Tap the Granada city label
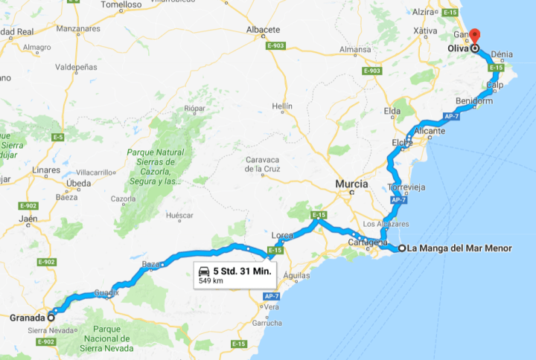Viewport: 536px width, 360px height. pyautogui.click(x=28, y=318)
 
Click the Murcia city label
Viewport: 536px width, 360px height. pyautogui.click(x=352, y=183)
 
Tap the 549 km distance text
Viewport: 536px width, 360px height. pyautogui.click(x=211, y=280)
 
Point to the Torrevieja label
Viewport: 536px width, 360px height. pyautogui.click(x=406, y=187)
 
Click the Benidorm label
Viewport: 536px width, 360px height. pyautogui.click(x=474, y=101)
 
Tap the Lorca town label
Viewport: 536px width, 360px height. pyautogui.click(x=282, y=234)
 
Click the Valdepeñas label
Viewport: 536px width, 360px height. pyautogui.click(x=77, y=67)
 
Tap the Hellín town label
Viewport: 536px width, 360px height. pyautogui.click(x=282, y=106)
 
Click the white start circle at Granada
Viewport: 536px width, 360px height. pyautogui.click(x=51, y=318)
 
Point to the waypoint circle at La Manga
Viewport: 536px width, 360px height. pyautogui.click(x=402, y=248)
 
